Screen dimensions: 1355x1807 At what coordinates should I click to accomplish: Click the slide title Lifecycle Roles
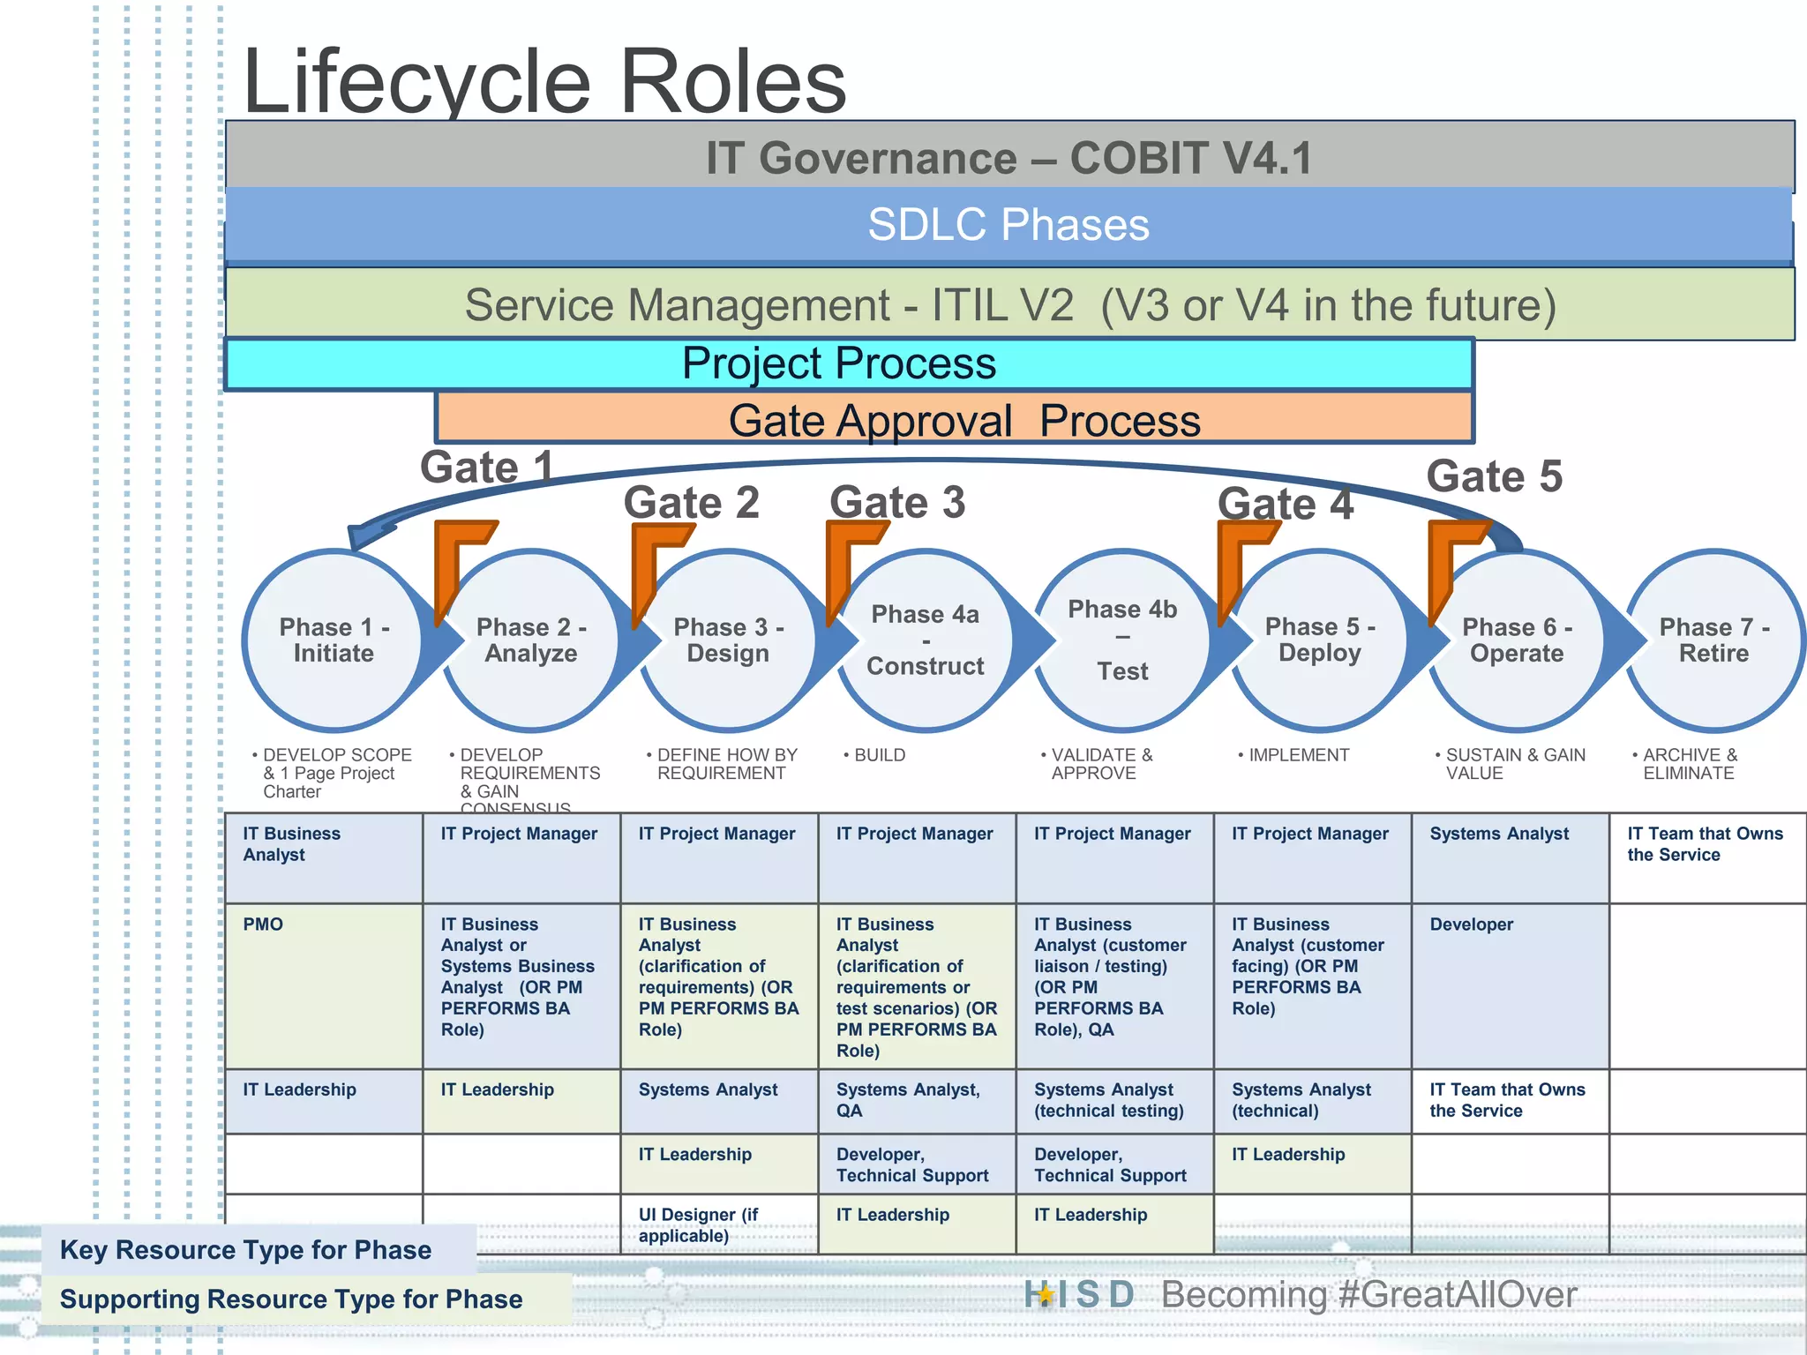544,82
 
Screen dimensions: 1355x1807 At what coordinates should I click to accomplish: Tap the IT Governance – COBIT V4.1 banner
1008,158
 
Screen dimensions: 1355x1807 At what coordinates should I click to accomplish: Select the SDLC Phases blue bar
1008,225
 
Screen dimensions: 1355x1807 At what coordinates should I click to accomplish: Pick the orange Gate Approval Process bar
963,420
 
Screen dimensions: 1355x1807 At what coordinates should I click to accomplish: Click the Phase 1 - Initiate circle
334,640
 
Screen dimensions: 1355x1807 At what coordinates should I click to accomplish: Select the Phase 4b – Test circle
1122,640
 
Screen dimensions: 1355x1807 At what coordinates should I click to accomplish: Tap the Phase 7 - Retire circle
1713,640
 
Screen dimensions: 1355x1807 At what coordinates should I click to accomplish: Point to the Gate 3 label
896,503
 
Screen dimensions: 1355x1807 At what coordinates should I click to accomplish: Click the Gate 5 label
1494,476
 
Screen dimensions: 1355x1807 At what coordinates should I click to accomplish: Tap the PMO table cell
323,984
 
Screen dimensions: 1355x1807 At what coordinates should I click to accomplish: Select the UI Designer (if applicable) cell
718,1224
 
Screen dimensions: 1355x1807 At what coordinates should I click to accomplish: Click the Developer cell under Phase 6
1509,984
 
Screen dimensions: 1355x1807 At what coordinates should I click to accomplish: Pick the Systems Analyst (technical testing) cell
1113,1100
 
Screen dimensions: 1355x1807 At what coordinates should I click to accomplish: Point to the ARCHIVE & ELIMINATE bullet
1689,764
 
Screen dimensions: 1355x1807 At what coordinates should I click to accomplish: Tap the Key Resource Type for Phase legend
247,1249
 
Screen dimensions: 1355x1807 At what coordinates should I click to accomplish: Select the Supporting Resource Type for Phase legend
291,1299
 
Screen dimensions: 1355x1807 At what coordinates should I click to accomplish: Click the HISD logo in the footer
1078,1294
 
